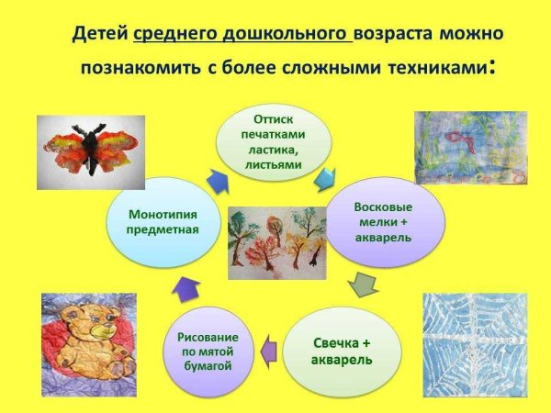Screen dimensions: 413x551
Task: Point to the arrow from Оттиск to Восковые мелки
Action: [326, 180]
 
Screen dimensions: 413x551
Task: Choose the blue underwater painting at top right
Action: [467, 147]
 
